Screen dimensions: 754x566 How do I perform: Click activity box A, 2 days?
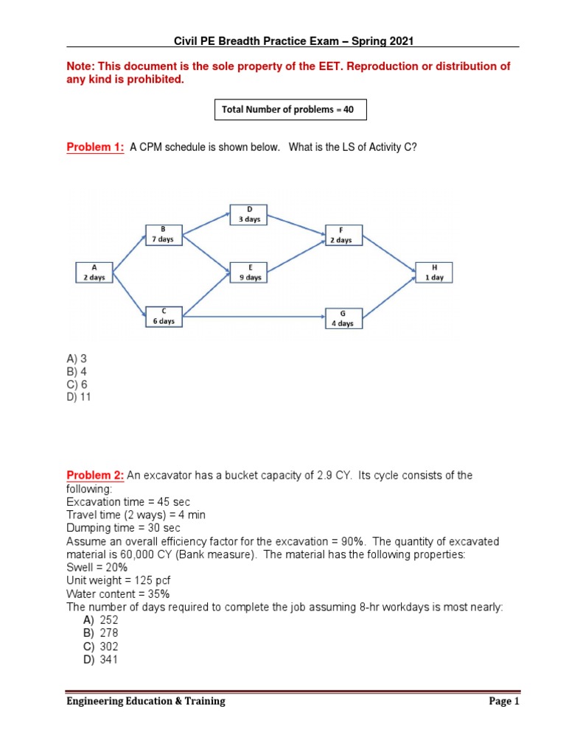pyautogui.click(x=94, y=272)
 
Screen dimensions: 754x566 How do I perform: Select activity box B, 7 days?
pyautogui.click(x=163, y=234)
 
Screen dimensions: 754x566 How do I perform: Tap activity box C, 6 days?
pyautogui.click(x=163, y=317)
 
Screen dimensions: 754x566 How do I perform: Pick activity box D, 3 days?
pyautogui.click(x=249, y=214)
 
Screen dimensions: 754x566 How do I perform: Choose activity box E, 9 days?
pyautogui.click(x=249, y=272)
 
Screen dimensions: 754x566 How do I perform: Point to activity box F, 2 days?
pyautogui.click(x=340, y=234)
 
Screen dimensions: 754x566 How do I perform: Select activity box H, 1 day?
pyautogui.click(x=434, y=272)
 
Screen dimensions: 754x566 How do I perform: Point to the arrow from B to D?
pyautogui.click(x=206, y=225)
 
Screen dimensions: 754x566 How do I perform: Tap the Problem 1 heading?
pyautogui.click(x=96, y=147)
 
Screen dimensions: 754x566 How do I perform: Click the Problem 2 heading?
pyautogui.click(x=96, y=476)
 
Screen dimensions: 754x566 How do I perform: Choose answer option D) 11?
pyautogui.click(x=80, y=398)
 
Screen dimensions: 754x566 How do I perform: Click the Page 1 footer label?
pyautogui.click(x=504, y=702)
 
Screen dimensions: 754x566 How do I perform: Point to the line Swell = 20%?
pyautogui.click(x=97, y=567)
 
